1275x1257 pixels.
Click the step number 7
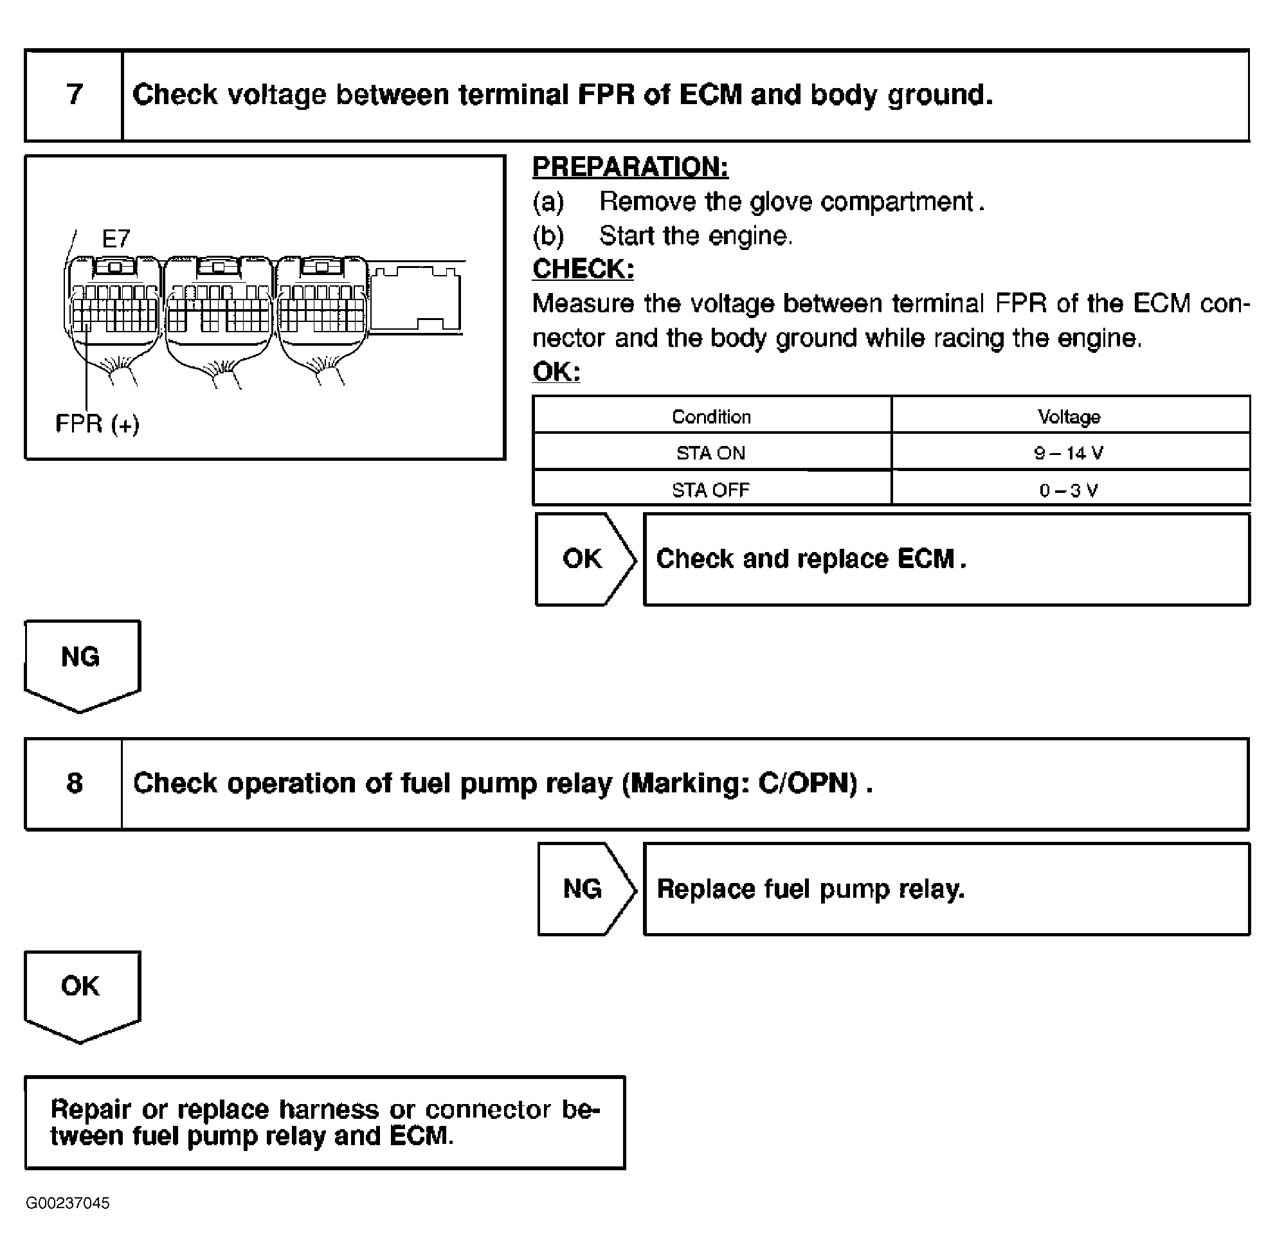point(75,95)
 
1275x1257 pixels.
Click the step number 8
point(75,783)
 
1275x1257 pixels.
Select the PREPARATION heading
point(630,168)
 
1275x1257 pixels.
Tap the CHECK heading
point(583,269)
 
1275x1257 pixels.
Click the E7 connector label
point(116,238)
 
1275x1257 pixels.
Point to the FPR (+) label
point(97,424)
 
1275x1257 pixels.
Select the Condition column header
point(710,417)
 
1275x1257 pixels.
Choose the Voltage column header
point(1069,417)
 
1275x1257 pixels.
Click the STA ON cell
point(710,453)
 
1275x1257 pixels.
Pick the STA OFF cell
point(710,490)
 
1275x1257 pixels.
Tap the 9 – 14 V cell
point(1069,453)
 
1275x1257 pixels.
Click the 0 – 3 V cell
point(1069,490)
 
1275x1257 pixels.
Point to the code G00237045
point(68,1203)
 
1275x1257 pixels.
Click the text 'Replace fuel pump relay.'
point(810,889)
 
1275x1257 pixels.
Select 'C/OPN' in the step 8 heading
point(808,783)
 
